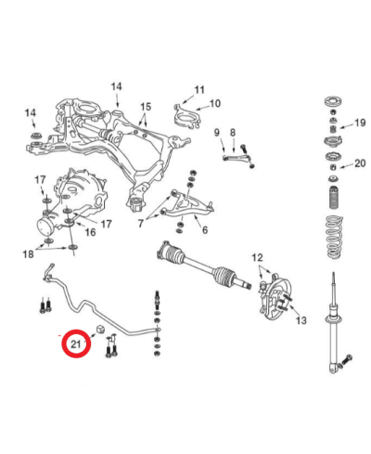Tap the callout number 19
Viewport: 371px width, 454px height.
click(360, 123)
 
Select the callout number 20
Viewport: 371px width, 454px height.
click(360, 163)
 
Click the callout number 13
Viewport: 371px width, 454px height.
click(301, 320)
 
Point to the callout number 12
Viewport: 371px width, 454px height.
click(257, 257)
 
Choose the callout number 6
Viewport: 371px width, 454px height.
click(205, 230)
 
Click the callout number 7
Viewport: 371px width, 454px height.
click(141, 223)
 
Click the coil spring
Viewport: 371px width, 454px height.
click(335, 238)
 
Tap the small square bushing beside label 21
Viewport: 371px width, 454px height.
click(99, 330)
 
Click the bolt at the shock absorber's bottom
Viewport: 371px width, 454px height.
click(346, 360)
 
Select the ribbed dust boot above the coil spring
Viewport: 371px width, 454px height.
click(333, 198)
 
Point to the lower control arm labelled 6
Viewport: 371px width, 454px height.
click(188, 204)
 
